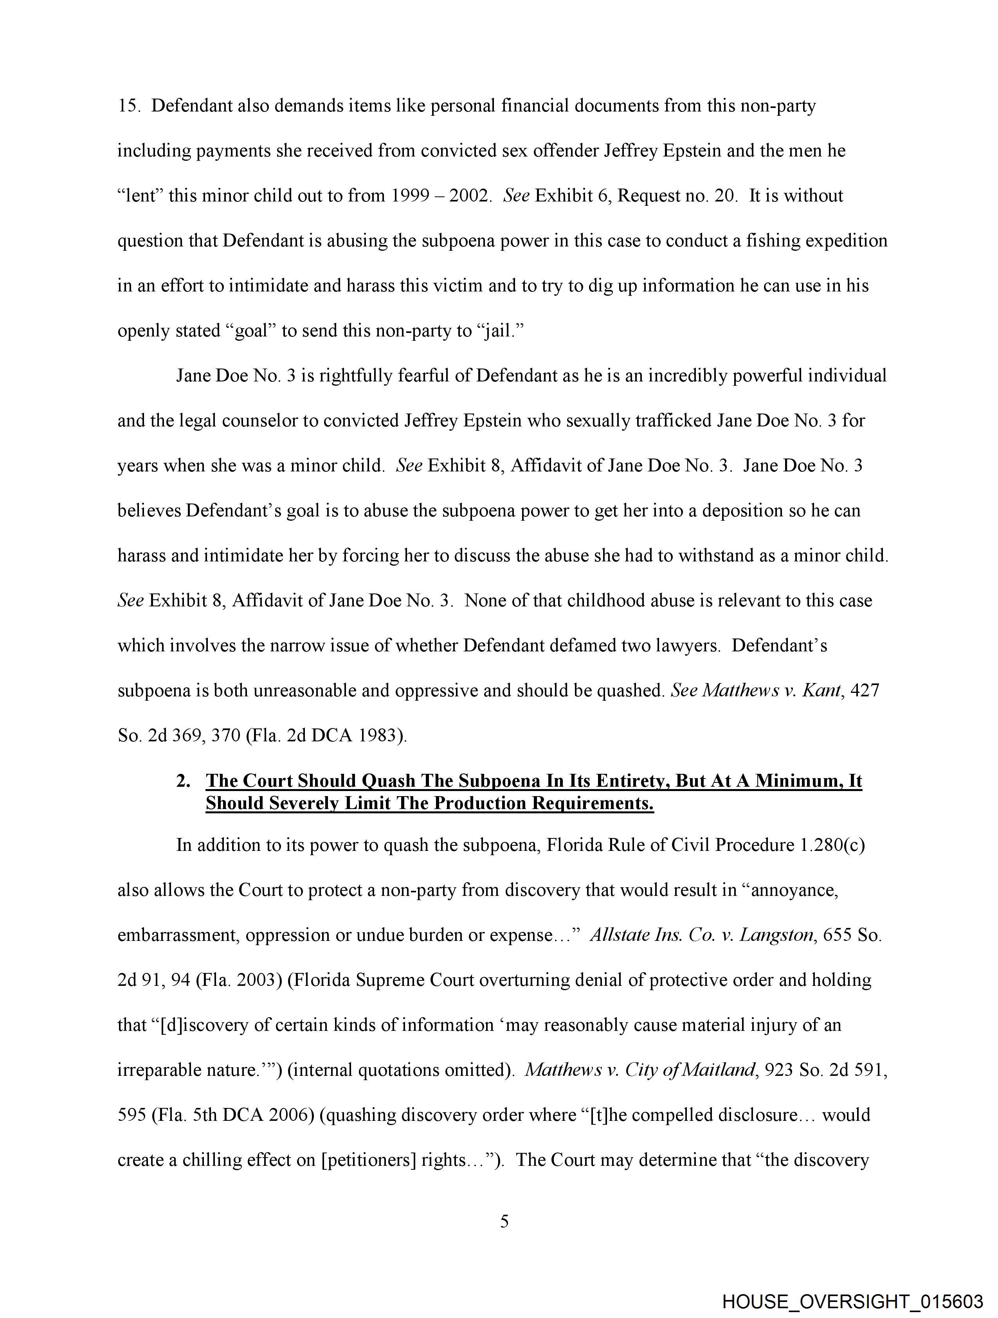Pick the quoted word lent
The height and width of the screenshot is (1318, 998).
[141, 196]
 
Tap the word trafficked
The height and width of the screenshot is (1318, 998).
[672, 421]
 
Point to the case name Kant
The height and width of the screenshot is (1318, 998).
[822, 690]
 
